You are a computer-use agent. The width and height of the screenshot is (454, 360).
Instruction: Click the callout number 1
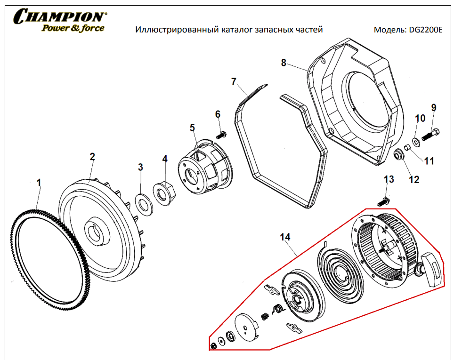[40, 182]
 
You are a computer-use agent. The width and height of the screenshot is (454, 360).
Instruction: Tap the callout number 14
[285, 237]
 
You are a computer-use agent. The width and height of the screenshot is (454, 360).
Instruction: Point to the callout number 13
[389, 179]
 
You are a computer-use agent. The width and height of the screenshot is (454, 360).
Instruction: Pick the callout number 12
[414, 179]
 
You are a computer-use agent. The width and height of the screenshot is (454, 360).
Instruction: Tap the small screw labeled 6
[222, 135]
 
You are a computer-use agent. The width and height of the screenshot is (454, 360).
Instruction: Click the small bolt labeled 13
[383, 201]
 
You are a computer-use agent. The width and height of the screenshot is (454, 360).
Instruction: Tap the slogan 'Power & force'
[73, 28]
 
